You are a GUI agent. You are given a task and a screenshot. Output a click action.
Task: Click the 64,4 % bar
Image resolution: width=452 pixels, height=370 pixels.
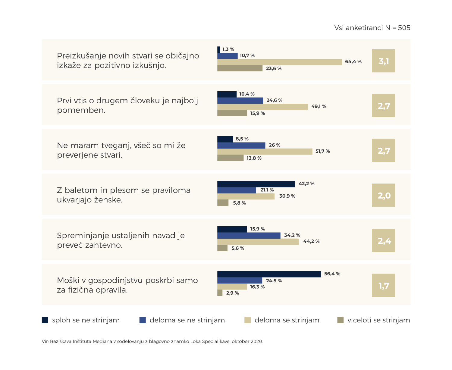tap(279, 62)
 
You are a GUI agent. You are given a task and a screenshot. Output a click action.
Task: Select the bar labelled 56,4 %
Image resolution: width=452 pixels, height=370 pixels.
tap(269, 274)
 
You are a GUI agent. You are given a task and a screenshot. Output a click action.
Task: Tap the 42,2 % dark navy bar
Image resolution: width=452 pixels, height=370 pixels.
tap(256, 184)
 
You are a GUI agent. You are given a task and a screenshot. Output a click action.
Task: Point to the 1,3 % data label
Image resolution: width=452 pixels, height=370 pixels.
tap(228, 49)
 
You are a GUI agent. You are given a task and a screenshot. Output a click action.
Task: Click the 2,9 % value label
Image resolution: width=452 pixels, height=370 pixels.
tap(232, 293)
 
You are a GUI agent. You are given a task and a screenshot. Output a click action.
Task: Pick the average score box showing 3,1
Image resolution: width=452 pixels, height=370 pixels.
tap(383, 61)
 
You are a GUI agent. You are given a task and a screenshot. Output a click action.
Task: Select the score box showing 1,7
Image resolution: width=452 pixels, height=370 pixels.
tap(383, 285)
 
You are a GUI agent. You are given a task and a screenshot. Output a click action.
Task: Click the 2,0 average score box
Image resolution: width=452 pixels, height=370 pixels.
tap(383, 195)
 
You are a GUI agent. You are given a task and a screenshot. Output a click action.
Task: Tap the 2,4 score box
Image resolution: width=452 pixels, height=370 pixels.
tap(383, 240)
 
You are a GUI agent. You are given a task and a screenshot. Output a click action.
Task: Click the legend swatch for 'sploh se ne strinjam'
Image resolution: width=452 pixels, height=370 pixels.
tap(45, 320)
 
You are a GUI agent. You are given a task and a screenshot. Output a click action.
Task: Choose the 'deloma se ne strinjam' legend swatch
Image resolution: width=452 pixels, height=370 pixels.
tap(143, 320)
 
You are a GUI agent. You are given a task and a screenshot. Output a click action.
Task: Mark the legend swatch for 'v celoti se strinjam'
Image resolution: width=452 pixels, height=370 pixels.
tap(340, 320)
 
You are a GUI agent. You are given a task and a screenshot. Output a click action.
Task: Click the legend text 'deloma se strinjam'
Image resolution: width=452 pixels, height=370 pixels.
tap(287, 320)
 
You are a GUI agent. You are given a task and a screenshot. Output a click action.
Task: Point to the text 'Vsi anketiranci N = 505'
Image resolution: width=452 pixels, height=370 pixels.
tap(372, 28)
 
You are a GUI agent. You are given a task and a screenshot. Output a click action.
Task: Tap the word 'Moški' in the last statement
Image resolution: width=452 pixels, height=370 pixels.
tap(68, 281)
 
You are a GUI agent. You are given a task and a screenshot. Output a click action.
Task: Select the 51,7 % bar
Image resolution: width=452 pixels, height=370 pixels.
tap(265, 152)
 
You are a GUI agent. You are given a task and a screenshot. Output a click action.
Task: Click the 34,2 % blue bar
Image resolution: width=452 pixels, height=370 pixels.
tap(249, 236)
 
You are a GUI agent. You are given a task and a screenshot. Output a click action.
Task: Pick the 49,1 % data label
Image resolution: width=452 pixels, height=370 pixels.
tap(319, 107)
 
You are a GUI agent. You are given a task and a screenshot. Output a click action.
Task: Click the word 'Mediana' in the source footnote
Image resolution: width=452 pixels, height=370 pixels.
tap(102, 342)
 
